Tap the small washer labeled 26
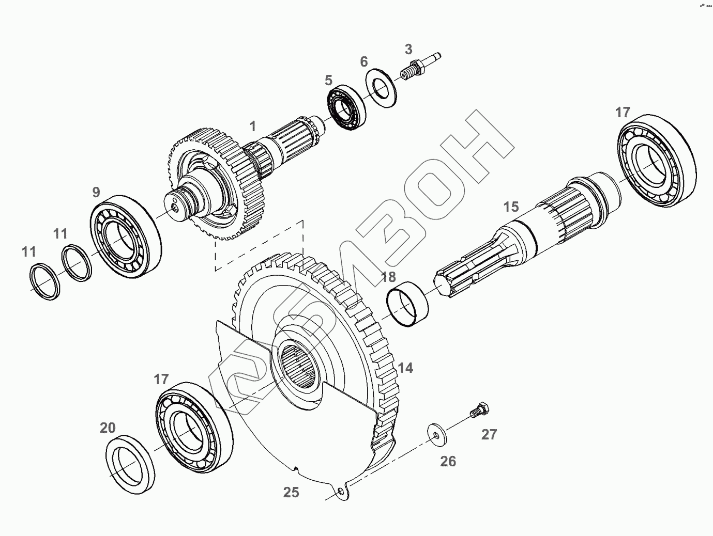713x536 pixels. click(x=437, y=433)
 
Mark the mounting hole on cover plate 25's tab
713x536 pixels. click(x=342, y=491)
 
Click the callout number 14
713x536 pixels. click(x=405, y=368)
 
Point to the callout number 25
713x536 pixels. click(x=291, y=492)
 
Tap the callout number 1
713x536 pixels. click(x=253, y=126)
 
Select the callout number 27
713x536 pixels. click(x=489, y=434)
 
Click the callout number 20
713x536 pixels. click(x=108, y=428)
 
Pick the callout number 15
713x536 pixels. click(x=511, y=207)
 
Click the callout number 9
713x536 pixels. click(x=96, y=192)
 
